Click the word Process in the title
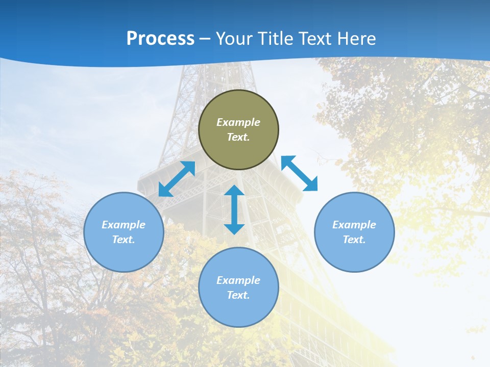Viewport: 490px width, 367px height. click(x=160, y=39)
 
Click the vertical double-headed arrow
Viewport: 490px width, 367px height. click(x=234, y=209)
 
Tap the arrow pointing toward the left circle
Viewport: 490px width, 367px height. click(x=177, y=179)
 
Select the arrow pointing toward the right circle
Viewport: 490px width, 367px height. click(x=300, y=174)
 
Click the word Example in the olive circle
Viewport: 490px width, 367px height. click(x=238, y=122)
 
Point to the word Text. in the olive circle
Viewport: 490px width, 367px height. click(x=238, y=137)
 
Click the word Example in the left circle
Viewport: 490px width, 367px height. click(x=124, y=225)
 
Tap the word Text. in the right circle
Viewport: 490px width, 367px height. click(x=354, y=240)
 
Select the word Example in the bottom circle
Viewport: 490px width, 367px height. click(x=238, y=280)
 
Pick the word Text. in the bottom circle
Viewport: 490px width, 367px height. click(x=238, y=295)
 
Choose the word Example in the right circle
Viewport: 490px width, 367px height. click(x=354, y=225)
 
